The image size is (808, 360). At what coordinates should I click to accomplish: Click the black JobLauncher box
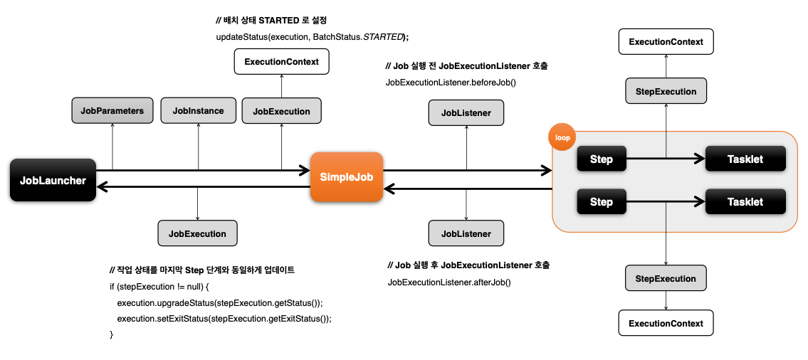click(53, 180)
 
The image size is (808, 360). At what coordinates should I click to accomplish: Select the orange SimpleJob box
click(347, 176)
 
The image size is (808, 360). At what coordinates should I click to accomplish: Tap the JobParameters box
click(112, 110)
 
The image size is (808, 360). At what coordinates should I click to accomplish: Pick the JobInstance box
click(198, 110)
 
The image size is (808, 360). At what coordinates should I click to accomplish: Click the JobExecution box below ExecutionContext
click(281, 111)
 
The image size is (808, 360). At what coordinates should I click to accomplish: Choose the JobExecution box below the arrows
click(197, 233)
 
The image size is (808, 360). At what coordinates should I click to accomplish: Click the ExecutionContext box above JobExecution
click(281, 62)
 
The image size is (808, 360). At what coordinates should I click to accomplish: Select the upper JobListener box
click(466, 112)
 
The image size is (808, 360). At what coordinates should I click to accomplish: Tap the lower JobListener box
click(466, 233)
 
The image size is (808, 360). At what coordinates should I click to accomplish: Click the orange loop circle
click(562, 137)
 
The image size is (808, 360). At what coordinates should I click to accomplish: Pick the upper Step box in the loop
click(601, 159)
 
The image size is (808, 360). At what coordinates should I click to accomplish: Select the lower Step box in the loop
click(601, 202)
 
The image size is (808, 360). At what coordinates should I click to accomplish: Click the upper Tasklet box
click(745, 159)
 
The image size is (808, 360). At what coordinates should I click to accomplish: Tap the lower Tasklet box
click(745, 202)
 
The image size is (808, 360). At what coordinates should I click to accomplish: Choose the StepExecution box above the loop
click(666, 91)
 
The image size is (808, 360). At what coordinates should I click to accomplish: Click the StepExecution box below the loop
click(666, 277)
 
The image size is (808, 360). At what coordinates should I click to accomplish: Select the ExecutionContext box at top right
click(666, 42)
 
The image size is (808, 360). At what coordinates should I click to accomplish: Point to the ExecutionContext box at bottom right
click(666, 323)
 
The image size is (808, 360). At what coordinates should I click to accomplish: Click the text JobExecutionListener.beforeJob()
click(450, 83)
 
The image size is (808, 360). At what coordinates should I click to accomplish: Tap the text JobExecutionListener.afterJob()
click(448, 282)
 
